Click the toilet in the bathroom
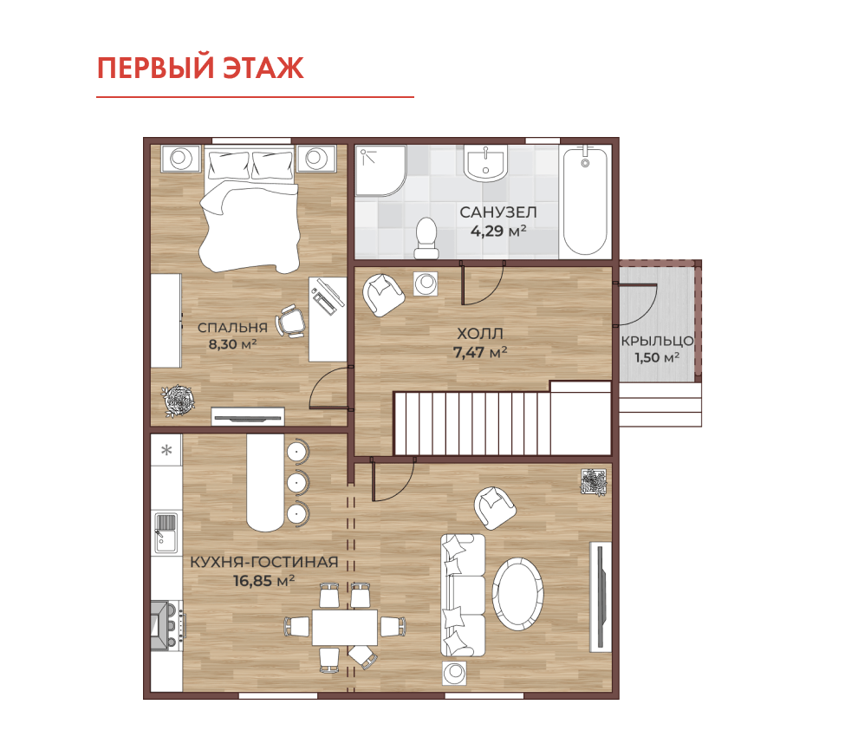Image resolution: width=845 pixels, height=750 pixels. coord(426,238)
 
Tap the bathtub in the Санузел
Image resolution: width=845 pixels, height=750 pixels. coord(585,201)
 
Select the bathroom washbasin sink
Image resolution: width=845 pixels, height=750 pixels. coord(485,163)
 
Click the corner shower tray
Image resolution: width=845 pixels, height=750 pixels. coord(380,171)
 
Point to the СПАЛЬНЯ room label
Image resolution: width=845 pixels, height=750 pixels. coord(232,327)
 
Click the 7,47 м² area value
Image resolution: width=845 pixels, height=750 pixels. coord(479,352)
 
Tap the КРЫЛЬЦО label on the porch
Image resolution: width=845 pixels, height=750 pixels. coord(657,341)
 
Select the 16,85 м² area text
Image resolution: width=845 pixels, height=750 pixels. coord(263,581)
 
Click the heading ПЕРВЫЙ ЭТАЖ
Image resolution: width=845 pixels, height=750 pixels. coord(200,68)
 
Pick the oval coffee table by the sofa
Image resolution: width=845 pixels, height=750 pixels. coord(518,594)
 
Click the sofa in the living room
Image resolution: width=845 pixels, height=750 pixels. coord(463,596)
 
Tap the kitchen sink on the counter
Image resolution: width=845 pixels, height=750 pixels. coord(166,533)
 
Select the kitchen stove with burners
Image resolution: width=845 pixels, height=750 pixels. coord(167,625)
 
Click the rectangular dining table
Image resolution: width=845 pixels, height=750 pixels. coord(345,627)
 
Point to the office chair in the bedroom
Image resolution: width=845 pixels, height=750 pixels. coord(291,322)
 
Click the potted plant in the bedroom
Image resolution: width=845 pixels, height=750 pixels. coord(179,401)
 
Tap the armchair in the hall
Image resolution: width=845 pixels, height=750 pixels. coord(382,295)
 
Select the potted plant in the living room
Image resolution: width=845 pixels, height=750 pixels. coord(594,482)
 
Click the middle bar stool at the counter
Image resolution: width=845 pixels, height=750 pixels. coord(297,482)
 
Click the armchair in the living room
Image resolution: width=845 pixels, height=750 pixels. coord(494,508)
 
